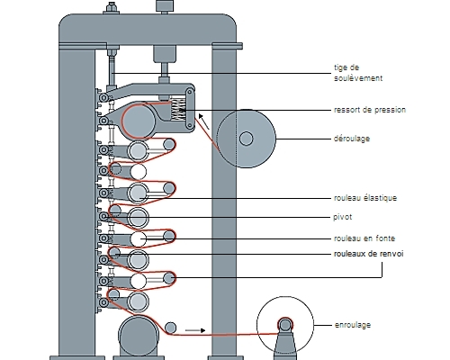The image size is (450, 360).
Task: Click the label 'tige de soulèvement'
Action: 358,73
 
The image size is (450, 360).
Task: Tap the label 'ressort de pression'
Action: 370,110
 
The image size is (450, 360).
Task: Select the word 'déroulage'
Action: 352,139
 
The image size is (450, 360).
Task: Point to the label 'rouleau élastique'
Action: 365,198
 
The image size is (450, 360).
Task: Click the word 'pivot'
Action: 342,217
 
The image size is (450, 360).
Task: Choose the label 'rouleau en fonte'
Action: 364,238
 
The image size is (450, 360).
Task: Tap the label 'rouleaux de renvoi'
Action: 369,254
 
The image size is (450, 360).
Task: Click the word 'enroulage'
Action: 353,325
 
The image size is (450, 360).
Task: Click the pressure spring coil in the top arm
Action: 178,110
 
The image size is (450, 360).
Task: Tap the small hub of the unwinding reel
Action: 247,139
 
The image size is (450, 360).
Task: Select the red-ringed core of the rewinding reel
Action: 285,325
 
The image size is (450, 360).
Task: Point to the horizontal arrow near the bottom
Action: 195,330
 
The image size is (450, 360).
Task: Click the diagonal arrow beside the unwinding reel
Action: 204,121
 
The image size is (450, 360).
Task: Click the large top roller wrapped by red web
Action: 139,121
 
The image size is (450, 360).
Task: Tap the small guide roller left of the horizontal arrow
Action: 171,328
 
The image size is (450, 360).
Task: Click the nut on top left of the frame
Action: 112,8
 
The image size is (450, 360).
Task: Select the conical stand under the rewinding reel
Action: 285,345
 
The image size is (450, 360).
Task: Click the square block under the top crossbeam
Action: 165,54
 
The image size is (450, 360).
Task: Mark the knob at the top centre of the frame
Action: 165,6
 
